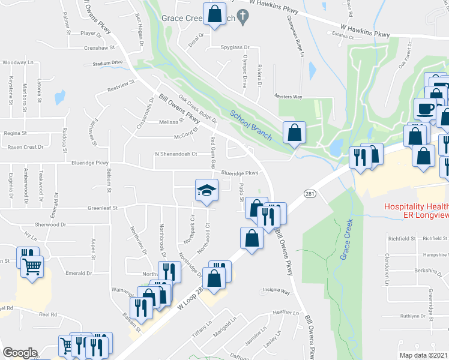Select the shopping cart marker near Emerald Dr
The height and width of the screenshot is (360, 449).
click(32, 266)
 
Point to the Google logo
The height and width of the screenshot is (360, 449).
click(20, 353)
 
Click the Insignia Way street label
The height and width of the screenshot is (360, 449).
click(275, 292)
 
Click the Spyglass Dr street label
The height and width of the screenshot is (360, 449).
click(234, 47)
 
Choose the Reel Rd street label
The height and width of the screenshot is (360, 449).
click(47, 314)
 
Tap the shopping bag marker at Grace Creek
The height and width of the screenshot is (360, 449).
click(214, 14)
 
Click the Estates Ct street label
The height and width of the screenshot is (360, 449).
click(344, 36)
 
